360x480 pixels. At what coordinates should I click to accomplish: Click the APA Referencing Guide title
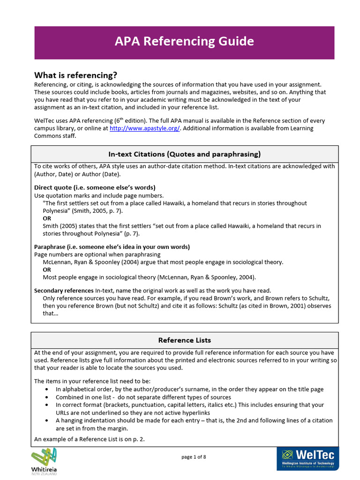pos(184,42)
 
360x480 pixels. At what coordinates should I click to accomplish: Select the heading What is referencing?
pos(75,75)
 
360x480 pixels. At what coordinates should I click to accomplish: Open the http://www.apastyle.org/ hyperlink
pos(144,128)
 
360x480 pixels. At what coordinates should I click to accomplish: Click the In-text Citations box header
pos(184,154)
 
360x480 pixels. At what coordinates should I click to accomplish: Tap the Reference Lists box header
pos(184,340)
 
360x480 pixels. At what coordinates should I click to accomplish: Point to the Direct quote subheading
pos(95,187)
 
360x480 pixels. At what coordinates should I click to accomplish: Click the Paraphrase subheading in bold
pos(112,247)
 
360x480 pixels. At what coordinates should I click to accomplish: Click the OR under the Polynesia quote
pos(47,218)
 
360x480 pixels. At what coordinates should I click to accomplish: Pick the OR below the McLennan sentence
pos(47,270)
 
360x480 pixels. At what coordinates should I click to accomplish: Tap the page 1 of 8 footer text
pos(194,457)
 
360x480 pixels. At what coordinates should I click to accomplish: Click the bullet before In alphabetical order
pos(46,389)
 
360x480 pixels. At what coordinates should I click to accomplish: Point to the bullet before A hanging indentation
pos(46,420)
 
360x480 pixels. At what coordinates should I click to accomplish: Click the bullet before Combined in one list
pos(46,397)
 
